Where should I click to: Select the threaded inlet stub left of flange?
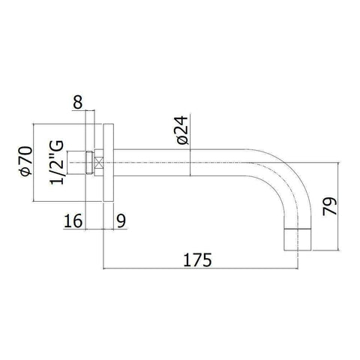[x=77, y=160]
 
